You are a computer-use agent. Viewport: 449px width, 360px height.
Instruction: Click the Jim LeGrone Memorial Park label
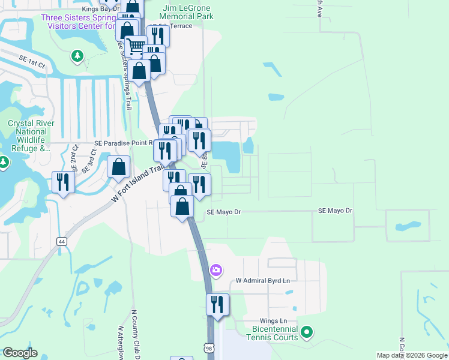click(x=187, y=13)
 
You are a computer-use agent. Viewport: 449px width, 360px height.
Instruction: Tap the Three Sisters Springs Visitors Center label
click(x=78, y=22)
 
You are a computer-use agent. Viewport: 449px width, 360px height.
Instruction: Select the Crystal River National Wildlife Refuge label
click(x=31, y=136)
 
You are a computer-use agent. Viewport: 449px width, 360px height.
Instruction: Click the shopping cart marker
click(x=136, y=46)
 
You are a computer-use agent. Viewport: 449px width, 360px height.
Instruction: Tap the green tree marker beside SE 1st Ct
click(x=77, y=56)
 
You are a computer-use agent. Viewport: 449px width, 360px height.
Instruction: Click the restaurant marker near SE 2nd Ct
click(x=63, y=182)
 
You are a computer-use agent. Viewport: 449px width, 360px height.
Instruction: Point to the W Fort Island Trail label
click(x=137, y=185)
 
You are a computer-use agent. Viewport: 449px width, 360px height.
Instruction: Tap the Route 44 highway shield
click(x=61, y=241)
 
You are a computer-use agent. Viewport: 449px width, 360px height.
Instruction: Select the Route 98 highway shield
click(x=208, y=348)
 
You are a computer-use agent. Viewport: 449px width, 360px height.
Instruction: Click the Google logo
click(x=20, y=353)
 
